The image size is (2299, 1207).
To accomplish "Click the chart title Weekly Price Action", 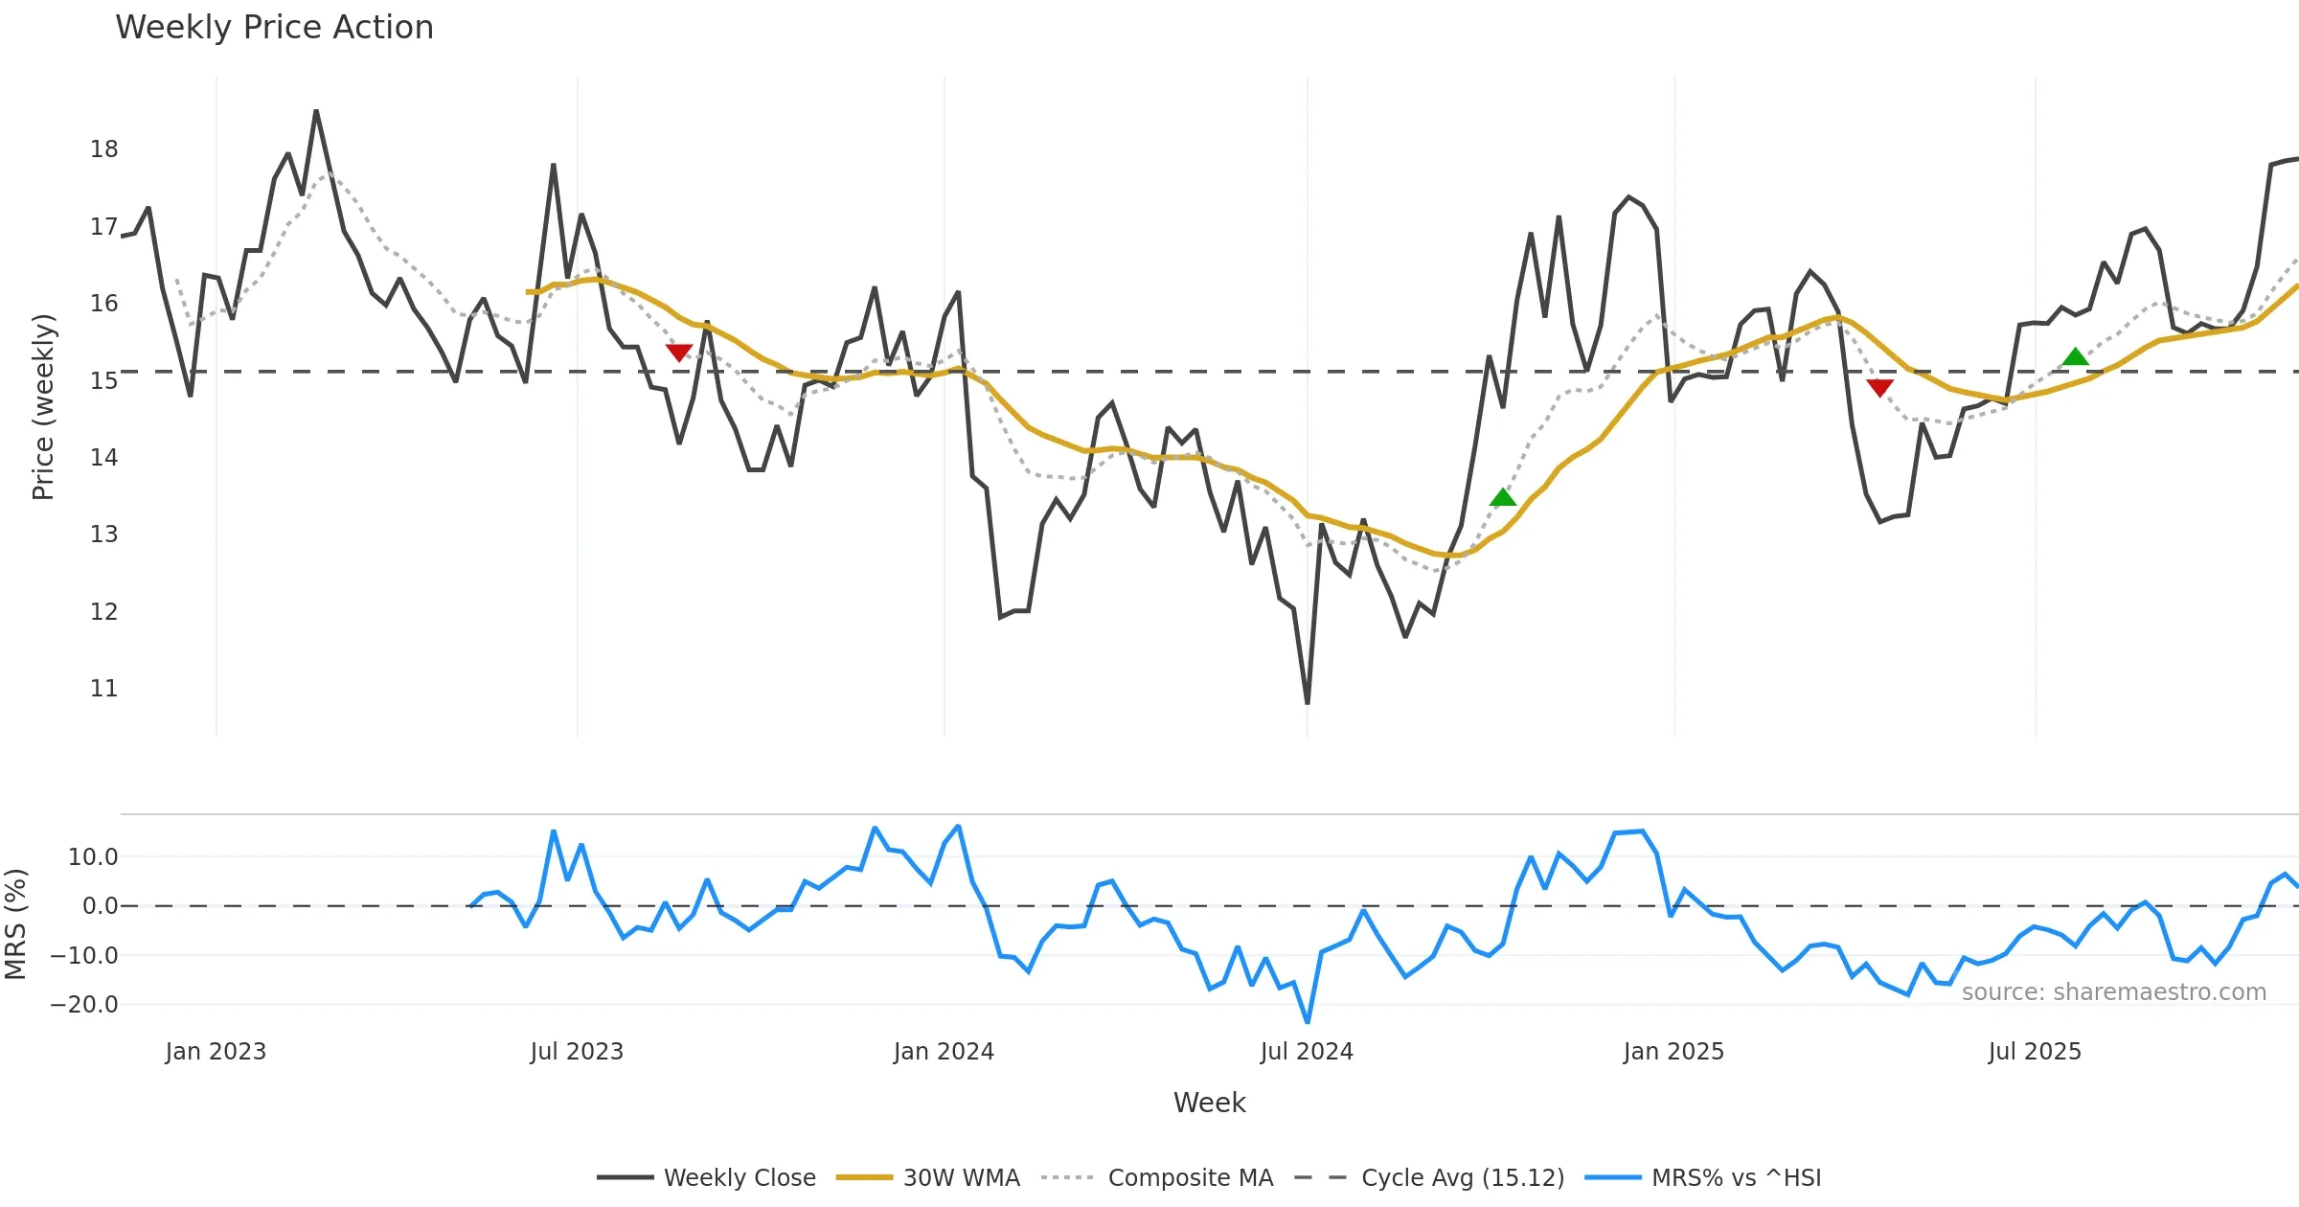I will (x=274, y=28).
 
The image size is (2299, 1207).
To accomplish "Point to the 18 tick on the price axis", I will (x=104, y=149).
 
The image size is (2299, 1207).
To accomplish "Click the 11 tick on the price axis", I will (x=104, y=689).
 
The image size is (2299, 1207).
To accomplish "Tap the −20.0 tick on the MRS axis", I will (x=84, y=1005).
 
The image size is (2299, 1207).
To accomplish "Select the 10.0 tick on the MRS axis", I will (x=93, y=857).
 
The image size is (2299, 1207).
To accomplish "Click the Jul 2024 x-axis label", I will (x=1307, y=1052).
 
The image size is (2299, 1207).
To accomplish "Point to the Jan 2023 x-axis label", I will (x=216, y=1052).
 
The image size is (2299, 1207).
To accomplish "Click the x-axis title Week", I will (x=1209, y=1104).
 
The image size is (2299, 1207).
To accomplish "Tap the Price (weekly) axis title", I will (x=43, y=407).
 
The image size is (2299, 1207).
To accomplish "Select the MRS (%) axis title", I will (x=15, y=924).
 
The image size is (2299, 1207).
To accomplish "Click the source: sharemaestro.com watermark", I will (x=2113, y=992).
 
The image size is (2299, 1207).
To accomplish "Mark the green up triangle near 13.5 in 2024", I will (x=1503, y=497).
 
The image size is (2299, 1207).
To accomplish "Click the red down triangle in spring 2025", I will (x=1879, y=387).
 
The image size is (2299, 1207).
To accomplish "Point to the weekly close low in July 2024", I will (x=1308, y=703).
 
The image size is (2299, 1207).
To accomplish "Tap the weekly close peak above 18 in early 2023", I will (x=316, y=111).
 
